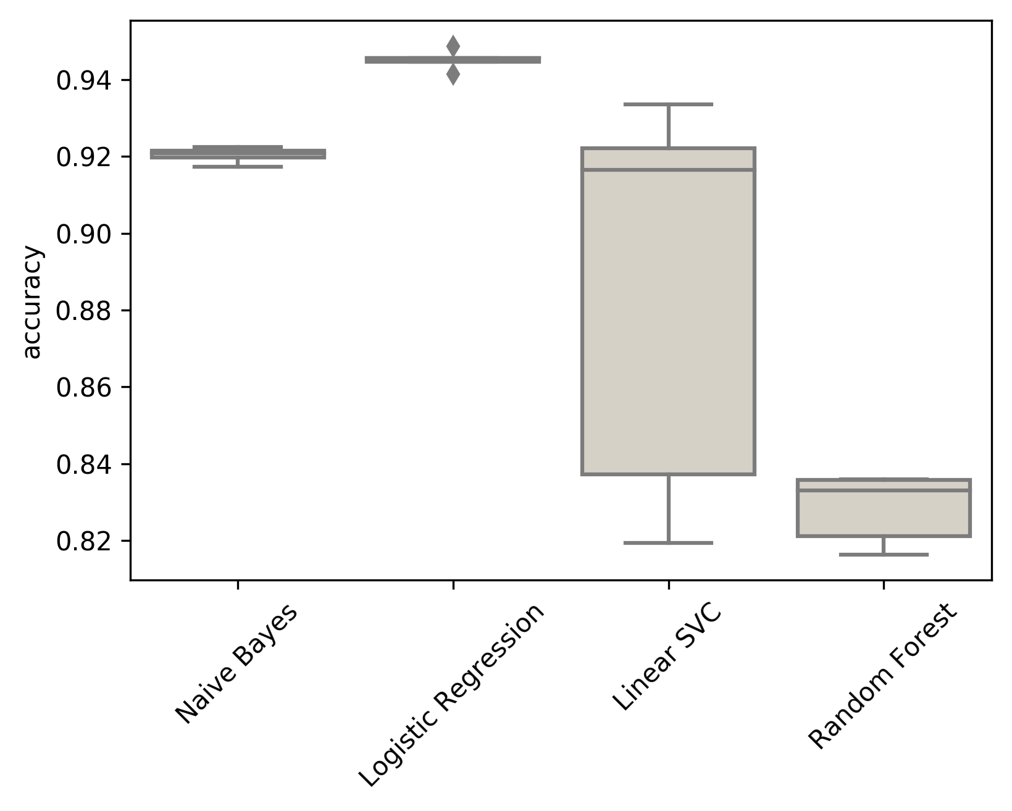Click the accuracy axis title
(32, 302)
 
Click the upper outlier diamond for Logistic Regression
(453, 45)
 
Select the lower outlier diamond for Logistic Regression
(453, 75)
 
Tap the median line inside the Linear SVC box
(668, 169)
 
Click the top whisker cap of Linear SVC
(668, 104)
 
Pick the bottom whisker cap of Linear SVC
(668, 543)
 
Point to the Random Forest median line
(884, 490)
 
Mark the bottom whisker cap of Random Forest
(884, 555)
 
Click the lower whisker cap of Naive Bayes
(238, 167)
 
